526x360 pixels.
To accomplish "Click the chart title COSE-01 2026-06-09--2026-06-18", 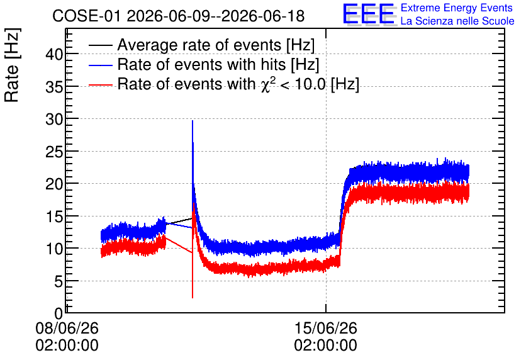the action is coord(179,16).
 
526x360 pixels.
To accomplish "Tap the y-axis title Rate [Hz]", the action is coord(12,65).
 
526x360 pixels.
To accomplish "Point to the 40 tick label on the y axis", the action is coord(54,53).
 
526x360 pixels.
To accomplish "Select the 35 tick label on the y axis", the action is coord(54,87).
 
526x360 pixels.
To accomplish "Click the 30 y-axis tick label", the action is coord(54,119).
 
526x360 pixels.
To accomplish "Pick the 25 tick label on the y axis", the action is coord(54,151).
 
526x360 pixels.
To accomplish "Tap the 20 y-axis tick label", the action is coord(54,184).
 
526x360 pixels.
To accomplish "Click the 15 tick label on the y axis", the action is coord(54,216).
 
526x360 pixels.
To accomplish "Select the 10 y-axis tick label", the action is coord(54,249).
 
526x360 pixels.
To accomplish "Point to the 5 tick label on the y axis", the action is coord(59,281).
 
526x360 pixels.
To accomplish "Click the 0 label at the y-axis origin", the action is coord(59,313).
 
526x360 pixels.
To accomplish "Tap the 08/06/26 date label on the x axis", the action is coord(67,328).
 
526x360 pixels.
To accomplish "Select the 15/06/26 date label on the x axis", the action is coord(326,328).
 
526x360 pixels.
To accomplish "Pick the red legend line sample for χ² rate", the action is coord(101,85).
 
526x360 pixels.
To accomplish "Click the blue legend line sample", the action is coord(101,65).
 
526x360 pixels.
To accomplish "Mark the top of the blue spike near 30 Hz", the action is coord(193,121).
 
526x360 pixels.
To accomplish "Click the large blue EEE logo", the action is coord(368,14).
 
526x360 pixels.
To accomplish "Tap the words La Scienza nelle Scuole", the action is coord(457,21).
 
